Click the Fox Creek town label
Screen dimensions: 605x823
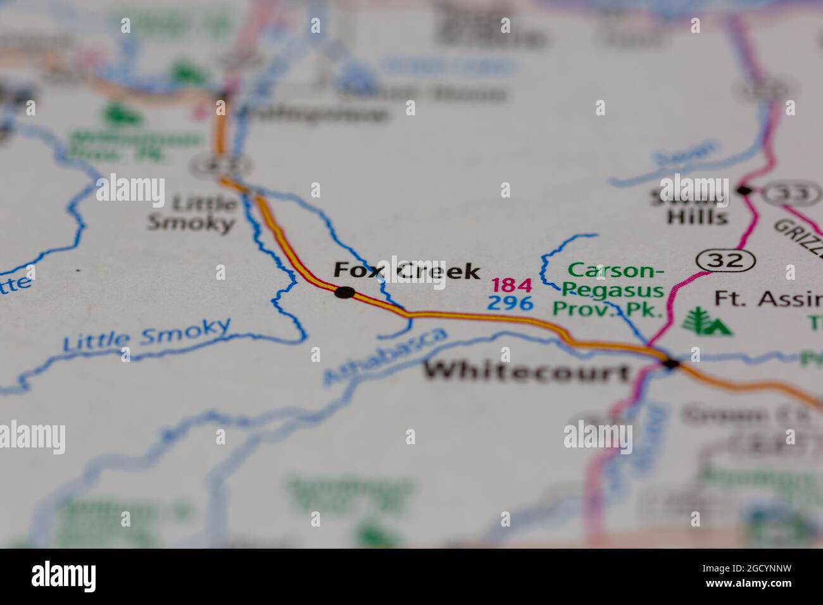click(406, 271)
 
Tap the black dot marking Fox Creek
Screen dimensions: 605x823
click(344, 292)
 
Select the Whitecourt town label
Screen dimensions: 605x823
click(527, 371)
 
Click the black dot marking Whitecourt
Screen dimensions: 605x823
click(670, 363)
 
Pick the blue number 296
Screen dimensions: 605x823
click(510, 304)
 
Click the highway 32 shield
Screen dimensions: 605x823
click(726, 259)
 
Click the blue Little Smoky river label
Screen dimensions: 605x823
click(147, 335)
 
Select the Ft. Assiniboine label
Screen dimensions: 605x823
click(768, 298)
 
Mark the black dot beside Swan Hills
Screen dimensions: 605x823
click(744, 190)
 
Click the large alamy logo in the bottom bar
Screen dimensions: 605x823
click(64, 577)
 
